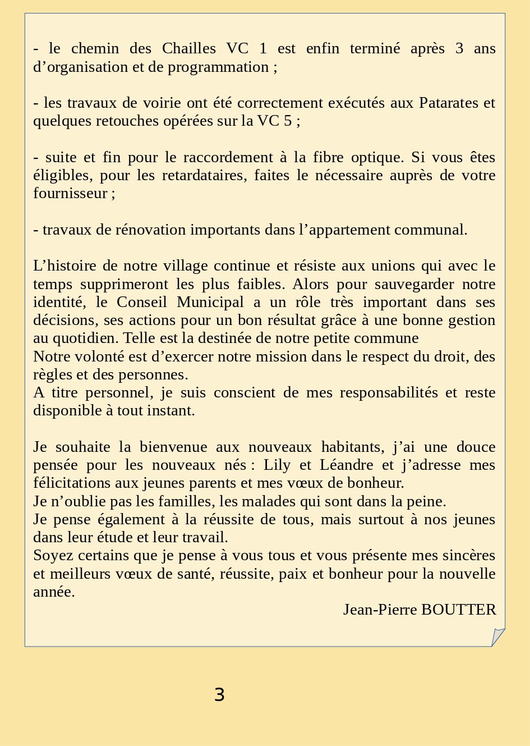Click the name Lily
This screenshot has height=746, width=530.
point(276,465)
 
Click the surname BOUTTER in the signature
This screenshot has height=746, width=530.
point(458,610)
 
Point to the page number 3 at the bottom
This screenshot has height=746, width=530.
point(219,695)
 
